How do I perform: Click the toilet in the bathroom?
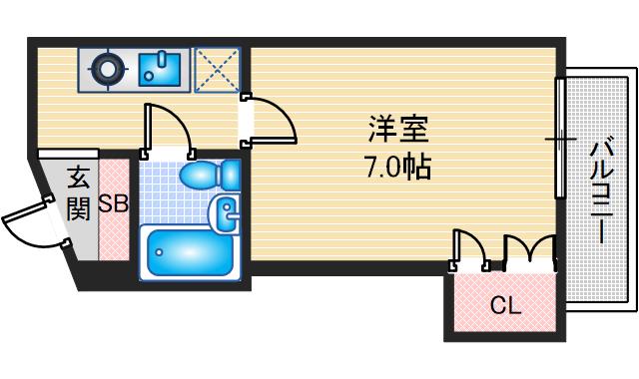coord(210,177)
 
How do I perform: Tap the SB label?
coord(113,206)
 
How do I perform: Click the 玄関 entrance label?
coord(79,194)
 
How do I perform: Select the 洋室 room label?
coord(398,130)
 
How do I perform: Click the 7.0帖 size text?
coord(398,167)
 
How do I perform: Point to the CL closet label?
coord(505,306)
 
